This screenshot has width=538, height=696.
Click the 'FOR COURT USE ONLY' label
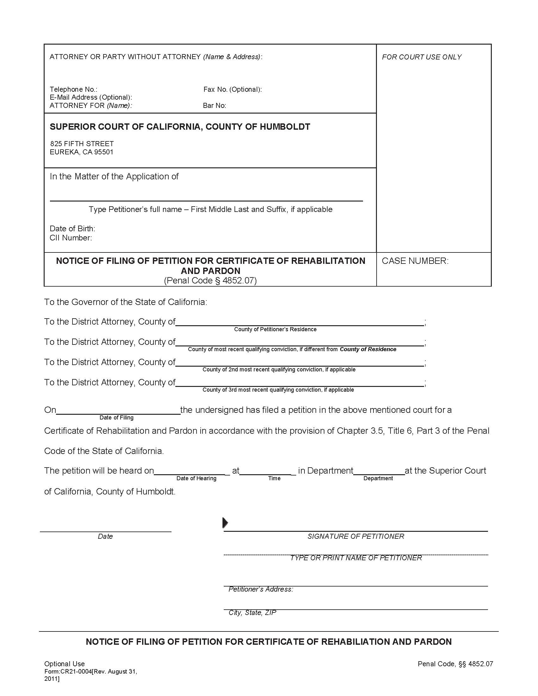pos(421,57)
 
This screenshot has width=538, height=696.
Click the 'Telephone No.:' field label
pos(73,89)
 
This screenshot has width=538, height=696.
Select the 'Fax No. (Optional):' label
pos(232,89)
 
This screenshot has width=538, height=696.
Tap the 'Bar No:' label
pos(214,105)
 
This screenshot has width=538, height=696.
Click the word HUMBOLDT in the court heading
pos(285,127)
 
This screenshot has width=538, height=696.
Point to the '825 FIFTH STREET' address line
pos(82,144)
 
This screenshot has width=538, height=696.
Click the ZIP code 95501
pos(103,152)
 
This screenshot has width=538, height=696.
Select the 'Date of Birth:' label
pos(72,228)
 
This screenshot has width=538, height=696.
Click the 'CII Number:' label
pos(71,238)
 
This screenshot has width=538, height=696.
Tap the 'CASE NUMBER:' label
pos(415,261)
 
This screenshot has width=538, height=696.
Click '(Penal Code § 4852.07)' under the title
pos(210,280)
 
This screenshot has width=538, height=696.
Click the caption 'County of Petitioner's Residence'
pos(275,329)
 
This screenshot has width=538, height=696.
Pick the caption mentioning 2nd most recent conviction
pos(279,369)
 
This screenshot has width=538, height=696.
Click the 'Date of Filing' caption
pos(116,418)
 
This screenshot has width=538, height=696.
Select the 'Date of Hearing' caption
pos(196,478)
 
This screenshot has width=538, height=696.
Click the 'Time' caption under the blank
pos(274,478)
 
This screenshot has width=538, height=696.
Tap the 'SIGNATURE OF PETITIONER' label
pos(356,536)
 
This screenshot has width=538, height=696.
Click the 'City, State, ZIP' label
pos(252,612)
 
